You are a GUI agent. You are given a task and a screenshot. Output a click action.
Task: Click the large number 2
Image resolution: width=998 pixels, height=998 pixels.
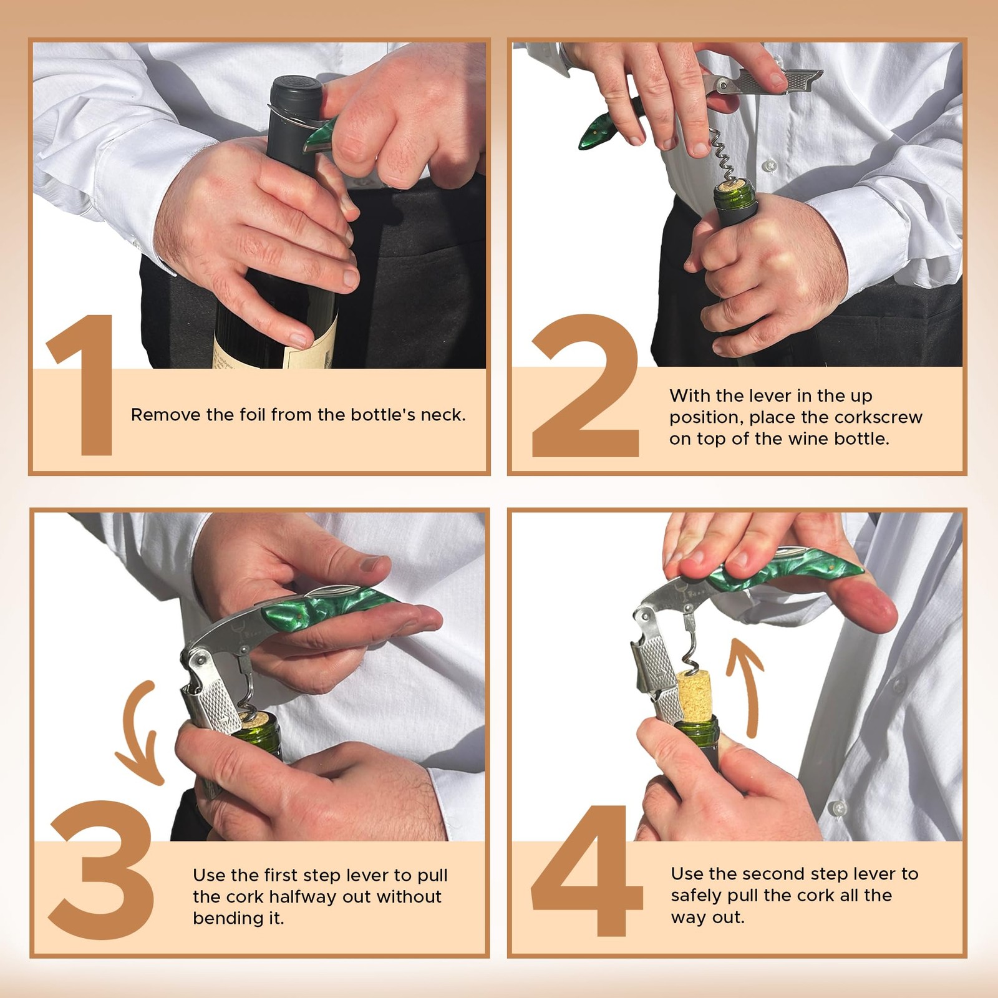point(585,387)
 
